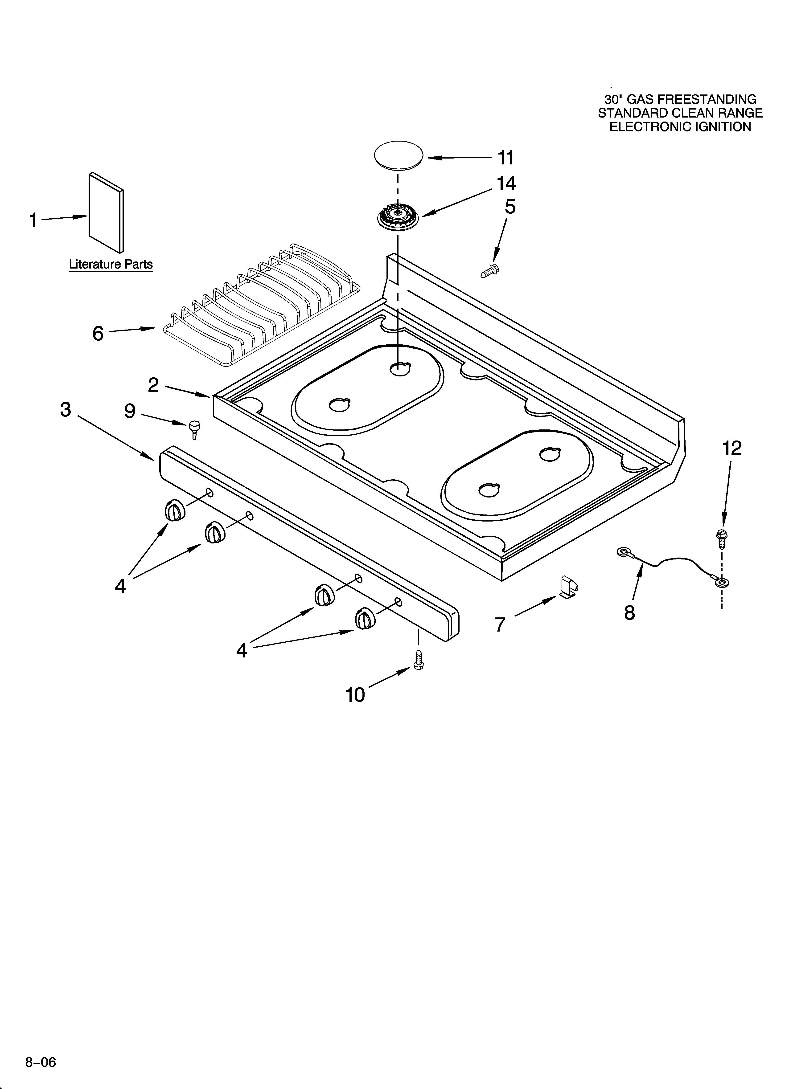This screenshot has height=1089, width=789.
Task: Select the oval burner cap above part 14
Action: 398,155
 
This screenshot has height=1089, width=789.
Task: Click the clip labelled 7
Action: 568,589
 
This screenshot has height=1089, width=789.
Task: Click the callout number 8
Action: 629,613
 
